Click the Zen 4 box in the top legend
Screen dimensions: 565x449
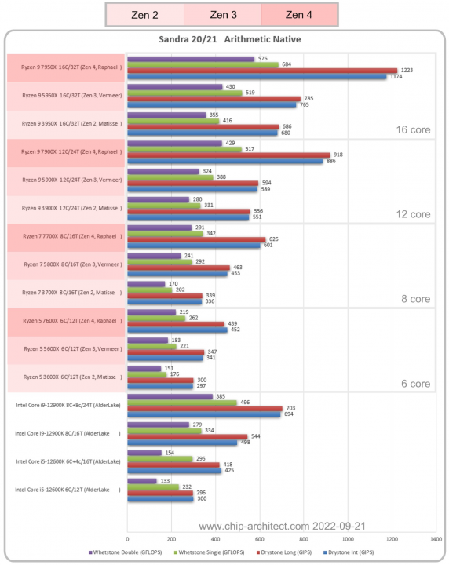[298, 13]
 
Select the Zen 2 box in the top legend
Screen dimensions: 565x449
[144, 13]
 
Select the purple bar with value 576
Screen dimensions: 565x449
[190, 58]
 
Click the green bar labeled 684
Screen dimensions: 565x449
[202, 64]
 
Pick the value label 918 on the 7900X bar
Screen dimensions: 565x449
[339, 155]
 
